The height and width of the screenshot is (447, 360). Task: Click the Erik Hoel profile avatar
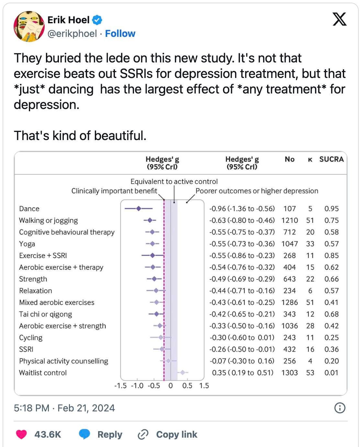(29, 27)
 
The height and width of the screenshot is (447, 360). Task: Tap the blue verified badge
(97, 20)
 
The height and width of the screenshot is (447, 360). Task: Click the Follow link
(120, 34)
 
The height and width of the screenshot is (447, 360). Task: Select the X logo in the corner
(340, 19)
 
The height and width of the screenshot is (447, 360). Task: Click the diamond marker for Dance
(139, 209)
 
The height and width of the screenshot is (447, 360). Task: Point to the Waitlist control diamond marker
(183, 373)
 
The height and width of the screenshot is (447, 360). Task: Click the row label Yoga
(27, 244)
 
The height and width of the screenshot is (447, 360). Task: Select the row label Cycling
(31, 338)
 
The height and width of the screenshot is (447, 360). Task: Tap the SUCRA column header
(331, 159)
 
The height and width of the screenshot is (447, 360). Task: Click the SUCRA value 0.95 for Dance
(332, 209)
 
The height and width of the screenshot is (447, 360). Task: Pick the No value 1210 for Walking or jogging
(289, 221)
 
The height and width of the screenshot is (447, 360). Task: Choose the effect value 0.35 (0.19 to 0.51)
(242, 373)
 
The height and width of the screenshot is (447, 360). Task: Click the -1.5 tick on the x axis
(120, 386)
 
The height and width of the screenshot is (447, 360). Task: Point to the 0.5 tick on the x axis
(187, 386)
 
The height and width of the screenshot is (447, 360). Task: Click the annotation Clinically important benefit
(114, 191)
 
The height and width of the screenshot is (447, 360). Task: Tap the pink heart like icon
(21, 434)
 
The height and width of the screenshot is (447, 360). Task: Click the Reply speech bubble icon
(84, 434)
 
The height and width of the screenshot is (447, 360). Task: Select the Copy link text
(176, 434)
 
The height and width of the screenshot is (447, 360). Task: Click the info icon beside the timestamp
(340, 408)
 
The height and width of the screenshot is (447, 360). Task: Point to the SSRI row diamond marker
(162, 349)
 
